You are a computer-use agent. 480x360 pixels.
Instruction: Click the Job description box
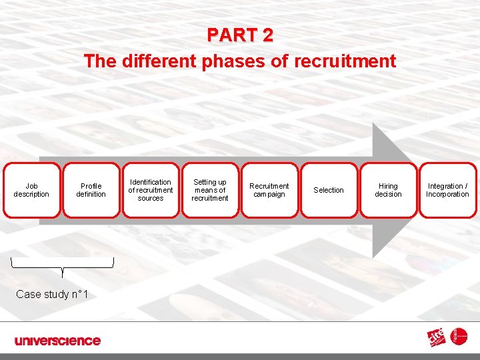tap(31, 191)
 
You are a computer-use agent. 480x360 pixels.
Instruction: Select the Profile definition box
tap(91, 191)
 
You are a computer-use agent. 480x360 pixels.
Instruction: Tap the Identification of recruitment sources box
tap(151, 191)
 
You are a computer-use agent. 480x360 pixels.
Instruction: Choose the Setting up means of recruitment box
tap(210, 191)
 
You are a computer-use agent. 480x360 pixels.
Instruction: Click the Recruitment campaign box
tap(269, 191)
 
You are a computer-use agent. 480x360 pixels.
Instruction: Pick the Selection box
tap(329, 191)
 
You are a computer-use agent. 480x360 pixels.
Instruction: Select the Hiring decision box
tap(388, 191)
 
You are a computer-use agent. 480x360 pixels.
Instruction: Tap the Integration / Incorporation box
tap(447, 191)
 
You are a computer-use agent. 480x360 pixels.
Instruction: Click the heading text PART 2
tap(240, 35)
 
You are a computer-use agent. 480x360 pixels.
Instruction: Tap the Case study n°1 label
tap(52, 294)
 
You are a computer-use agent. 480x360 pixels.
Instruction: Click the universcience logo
tap(57, 341)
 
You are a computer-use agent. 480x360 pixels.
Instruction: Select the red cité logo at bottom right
tap(439, 338)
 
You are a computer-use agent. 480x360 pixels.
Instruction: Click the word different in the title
tap(155, 62)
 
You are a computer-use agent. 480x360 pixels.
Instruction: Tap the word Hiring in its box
tap(388, 187)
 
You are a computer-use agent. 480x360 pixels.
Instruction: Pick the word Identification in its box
tap(151, 182)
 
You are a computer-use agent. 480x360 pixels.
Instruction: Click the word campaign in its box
tap(269, 195)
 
